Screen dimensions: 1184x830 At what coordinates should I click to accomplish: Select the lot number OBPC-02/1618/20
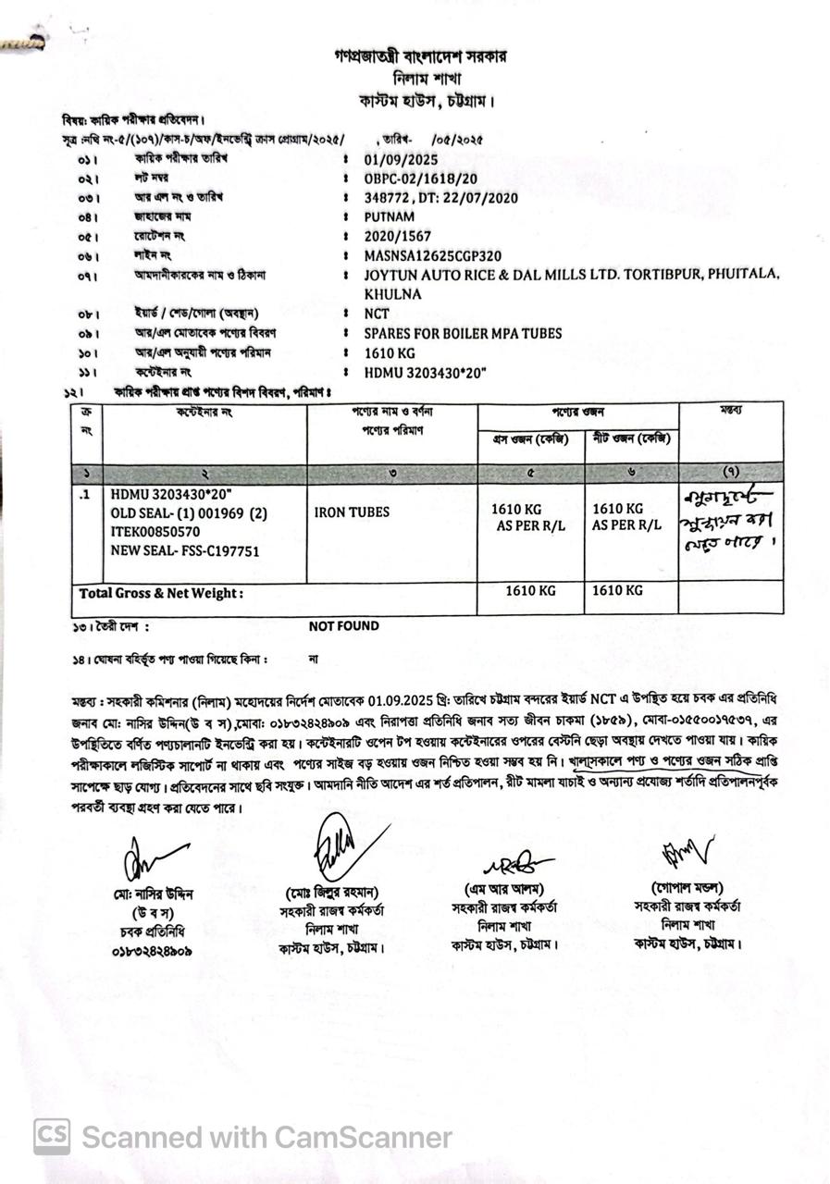pos(421,178)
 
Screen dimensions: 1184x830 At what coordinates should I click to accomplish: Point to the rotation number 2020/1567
pos(398,236)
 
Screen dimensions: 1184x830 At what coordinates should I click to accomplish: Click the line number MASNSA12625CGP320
pos(433,255)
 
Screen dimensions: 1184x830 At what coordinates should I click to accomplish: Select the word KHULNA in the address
pos(392,294)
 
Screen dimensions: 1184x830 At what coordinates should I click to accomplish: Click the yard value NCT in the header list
pos(378,314)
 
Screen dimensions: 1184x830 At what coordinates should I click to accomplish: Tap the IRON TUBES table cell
pos(352,512)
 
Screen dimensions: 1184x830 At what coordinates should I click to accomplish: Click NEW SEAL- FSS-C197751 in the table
pos(185,551)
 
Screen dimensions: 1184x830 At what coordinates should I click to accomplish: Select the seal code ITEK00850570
pos(155,532)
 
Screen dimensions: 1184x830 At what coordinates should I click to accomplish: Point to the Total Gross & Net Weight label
pos(162,593)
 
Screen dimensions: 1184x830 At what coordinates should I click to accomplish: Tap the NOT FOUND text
pos(344,626)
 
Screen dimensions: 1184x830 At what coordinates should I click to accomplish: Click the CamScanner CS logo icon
pos(52,1137)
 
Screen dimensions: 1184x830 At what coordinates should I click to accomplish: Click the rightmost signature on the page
pos(685,853)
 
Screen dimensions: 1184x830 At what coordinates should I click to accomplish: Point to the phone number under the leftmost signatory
pos(152,950)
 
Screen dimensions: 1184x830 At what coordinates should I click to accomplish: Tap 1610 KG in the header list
pos(390,352)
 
